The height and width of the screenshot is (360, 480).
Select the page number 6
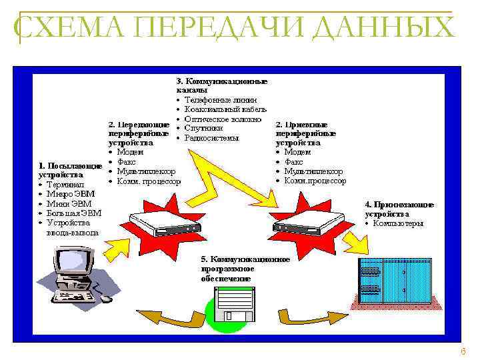pyautogui.click(x=463, y=351)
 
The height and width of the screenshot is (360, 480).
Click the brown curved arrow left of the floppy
pyautogui.click(x=167, y=319)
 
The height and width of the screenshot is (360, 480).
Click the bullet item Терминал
pyautogui.click(x=65, y=185)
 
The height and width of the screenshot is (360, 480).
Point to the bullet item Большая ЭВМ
pyautogui.click(x=73, y=213)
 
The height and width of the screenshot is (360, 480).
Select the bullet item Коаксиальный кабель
pyautogui.click(x=225, y=109)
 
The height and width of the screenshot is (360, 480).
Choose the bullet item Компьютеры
pyautogui.click(x=398, y=223)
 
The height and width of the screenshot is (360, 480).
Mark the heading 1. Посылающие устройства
pyautogui.click(x=69, y=170)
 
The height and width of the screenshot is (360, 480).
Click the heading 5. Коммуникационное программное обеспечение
pyautogui.click(x=245, y=268)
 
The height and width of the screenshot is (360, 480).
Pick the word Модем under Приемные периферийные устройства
pyautogui.click(x=297, y=152)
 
